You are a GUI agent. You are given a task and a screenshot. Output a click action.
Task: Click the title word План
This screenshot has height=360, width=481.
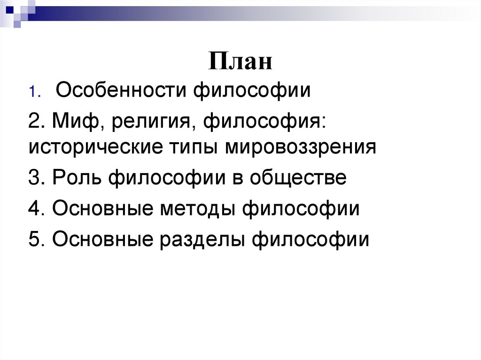pos(240,61)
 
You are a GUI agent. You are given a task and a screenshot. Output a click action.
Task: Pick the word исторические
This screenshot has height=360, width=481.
pos(94,148)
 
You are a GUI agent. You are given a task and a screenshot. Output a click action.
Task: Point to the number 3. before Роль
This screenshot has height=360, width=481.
pos(37,178)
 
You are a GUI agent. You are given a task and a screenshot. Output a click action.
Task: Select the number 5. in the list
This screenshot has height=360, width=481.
pos(37,239)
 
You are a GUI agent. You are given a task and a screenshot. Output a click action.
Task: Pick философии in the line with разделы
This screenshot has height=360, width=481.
pos(310,239)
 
